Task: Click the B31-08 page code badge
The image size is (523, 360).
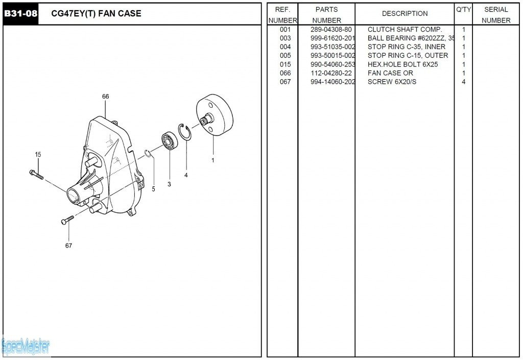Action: pos(20,14)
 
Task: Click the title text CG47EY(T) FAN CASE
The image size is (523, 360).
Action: pos(97,14)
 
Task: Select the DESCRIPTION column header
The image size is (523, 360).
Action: pos(405,14)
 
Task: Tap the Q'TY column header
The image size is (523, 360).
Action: pos(463,10)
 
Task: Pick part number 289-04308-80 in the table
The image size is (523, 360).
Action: pos(331,30)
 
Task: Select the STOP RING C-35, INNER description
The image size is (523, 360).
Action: pos(407,47)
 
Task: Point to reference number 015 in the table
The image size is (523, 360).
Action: pos(285,64)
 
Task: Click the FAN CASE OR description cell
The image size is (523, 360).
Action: pos(390,73)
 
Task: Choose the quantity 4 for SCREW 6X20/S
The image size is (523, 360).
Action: pos(463,82)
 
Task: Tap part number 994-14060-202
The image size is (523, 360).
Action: pos(332,82)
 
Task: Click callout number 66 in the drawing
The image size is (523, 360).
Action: pos(106,97)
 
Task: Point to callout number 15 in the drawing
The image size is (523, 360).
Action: pos(38,154)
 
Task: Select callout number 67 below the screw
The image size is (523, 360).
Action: pos(68,246)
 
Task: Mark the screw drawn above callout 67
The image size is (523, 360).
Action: pos(67,220)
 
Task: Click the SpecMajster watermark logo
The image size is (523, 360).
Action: pos(26,347)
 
